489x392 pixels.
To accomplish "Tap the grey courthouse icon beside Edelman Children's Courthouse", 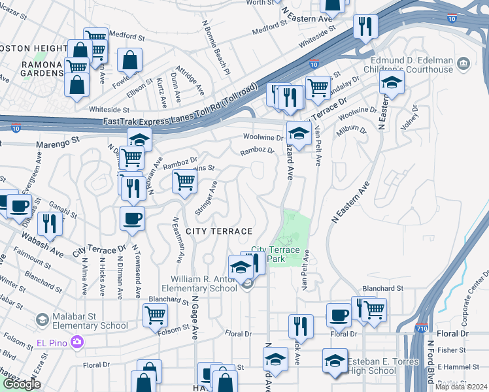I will click(464, 63).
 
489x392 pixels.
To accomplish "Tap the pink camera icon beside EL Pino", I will click(77, 342).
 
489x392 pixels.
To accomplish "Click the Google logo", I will click(22, 384).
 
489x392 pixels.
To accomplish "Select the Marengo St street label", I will click(57, 140).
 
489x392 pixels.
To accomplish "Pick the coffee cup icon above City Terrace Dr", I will click(132, 219).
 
